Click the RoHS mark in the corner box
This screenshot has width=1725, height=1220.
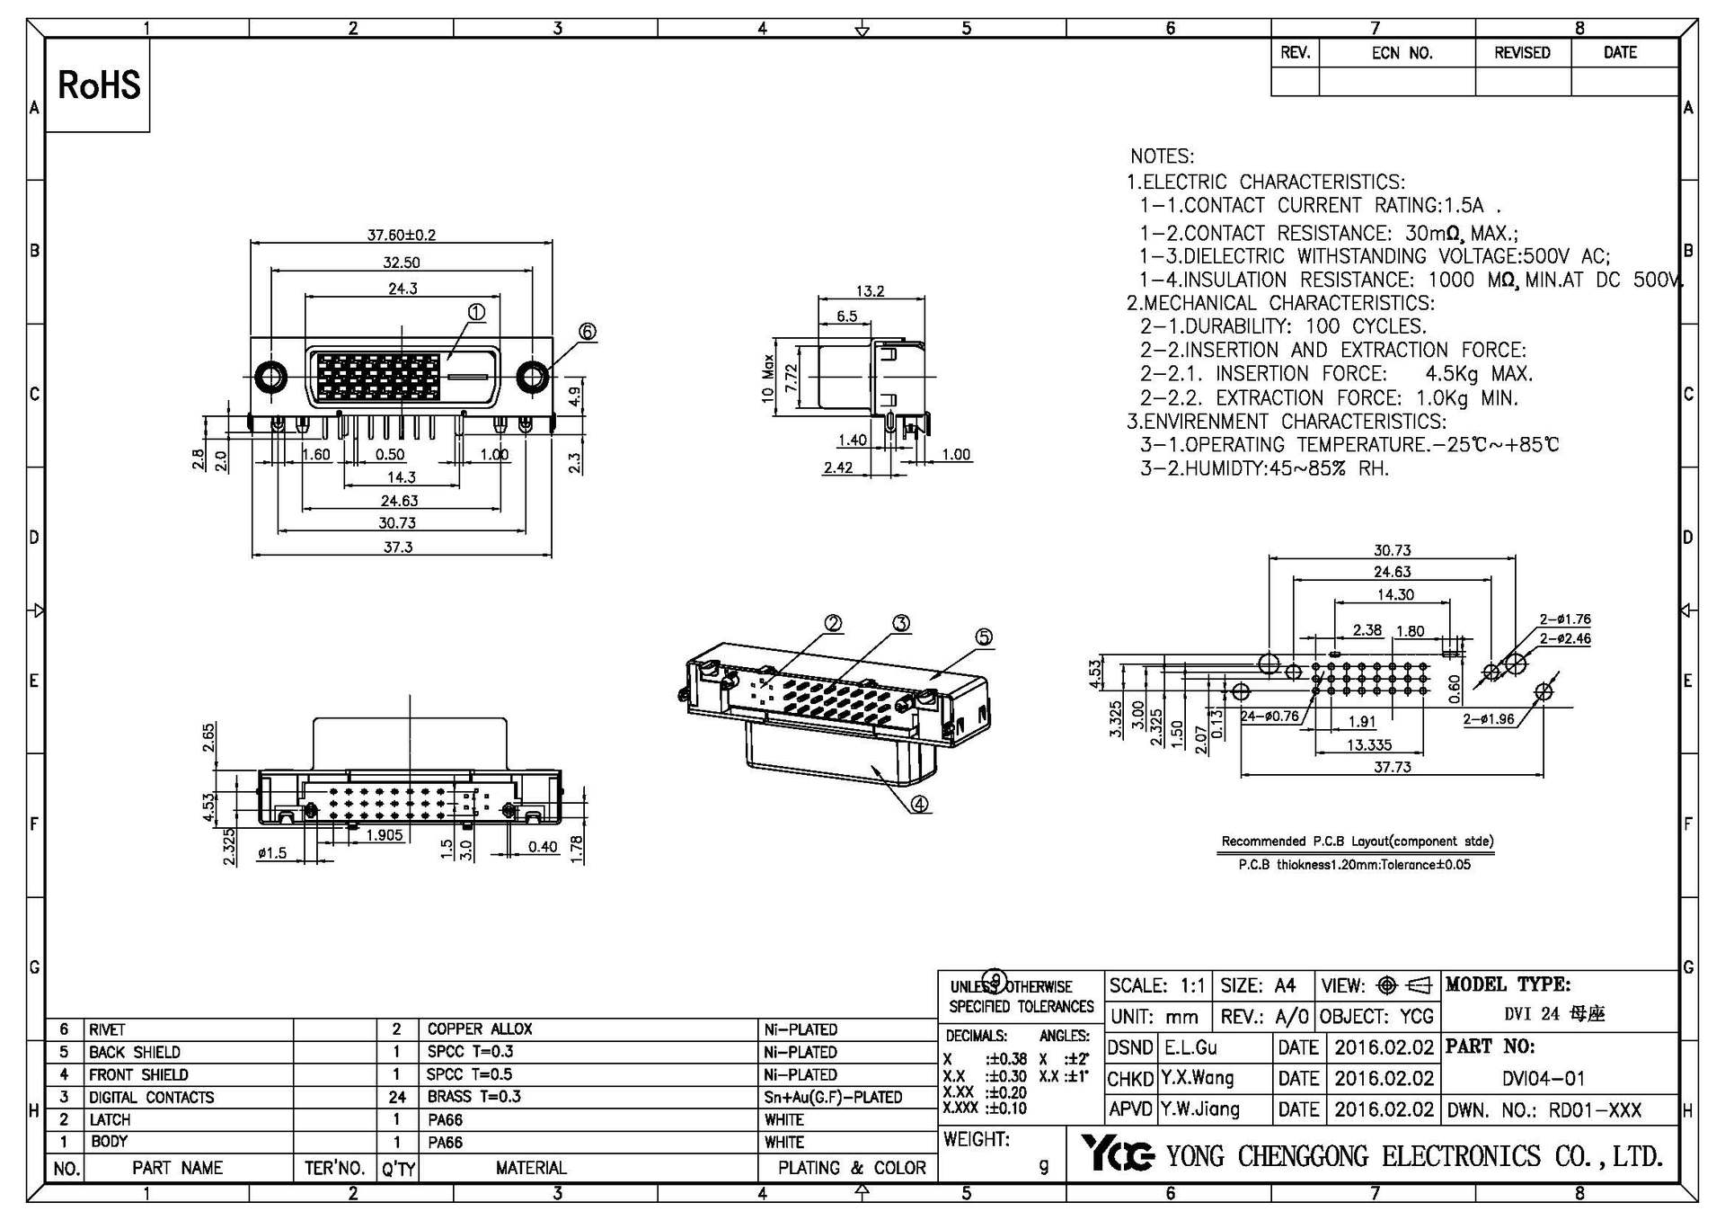(99, 85)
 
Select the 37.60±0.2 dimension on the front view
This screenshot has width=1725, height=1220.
(401, 235)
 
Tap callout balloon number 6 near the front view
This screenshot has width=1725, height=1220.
(587, 332)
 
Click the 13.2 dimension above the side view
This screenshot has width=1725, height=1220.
(869, 290)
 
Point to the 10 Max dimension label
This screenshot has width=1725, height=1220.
(768, 378)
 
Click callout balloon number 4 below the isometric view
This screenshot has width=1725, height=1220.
(919, 804)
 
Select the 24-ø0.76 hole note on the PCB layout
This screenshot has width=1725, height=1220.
(1269, 717)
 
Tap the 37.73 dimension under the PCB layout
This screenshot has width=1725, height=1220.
(1392, 767)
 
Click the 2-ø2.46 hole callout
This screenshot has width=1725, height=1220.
(1564, 638)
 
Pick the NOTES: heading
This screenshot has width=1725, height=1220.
(1162, 156)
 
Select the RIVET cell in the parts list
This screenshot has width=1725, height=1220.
(107, 1029)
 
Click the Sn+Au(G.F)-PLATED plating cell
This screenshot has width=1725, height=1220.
(833, 1097)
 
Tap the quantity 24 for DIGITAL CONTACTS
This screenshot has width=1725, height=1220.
(397, 1097)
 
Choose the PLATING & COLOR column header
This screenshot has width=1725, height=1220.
(851, 1168)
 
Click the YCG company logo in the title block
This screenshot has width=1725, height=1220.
(1116, 1153)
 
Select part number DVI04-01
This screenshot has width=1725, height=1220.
(1544, 1078)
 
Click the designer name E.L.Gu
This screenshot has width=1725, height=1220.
(1190, 1047)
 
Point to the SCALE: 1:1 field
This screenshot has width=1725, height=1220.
(1156, 985)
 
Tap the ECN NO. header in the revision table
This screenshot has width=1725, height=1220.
(1401, 53)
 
